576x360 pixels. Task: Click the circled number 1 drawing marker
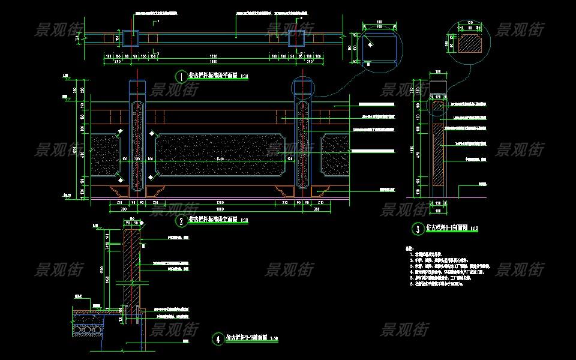point(181,76)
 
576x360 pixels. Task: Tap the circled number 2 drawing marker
point(181,221)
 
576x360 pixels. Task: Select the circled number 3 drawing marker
point(418,228)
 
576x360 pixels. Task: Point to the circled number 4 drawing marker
point(217,339)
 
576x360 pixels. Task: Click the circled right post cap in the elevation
point(303,88)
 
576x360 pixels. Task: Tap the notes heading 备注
point(410,248)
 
